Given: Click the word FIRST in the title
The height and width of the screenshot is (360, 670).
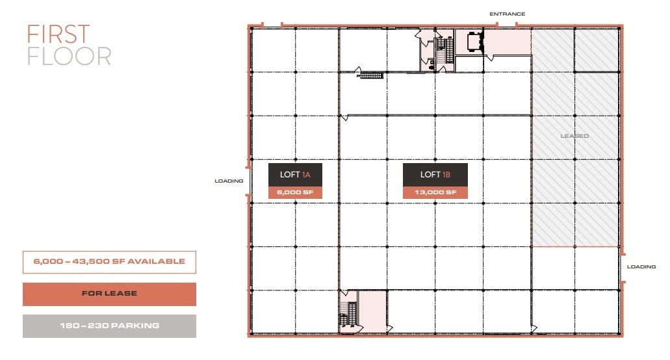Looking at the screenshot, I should pyautogui.click(x=58, y=34).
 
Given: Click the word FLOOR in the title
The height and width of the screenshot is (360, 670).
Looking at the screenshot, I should pyautogui.click(x=68, y=57).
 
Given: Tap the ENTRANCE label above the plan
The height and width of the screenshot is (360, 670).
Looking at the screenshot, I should pyautogui.click(x=507, y=14).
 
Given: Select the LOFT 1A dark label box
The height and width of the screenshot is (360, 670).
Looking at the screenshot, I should pyautogui.click(x=296, y=174).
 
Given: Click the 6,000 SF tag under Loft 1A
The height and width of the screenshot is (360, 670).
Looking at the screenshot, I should pyautogui.click(x=296, y=192).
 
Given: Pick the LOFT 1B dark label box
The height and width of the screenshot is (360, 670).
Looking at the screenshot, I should pyautogui.click(x=435, y=174).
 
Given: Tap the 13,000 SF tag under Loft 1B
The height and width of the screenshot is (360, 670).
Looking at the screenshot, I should pyautogui.click(x=435, y=192).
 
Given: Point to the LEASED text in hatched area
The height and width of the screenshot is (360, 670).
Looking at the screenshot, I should pyautogui.click(x=574, y=136).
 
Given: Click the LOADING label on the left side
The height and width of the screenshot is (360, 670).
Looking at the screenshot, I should pyautogui.click(x=229, y=181).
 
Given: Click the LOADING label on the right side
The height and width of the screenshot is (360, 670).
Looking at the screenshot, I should pyautogui.click(x=641, y=266).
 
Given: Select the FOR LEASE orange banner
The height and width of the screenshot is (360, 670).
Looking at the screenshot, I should pyautogui.click(x=109, y=294).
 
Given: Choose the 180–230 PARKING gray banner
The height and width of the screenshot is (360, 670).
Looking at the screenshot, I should pyautogui.click(x=109, y=326).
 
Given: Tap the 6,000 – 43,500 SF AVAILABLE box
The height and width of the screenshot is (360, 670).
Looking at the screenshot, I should pyautogui.click(x=109, y=262).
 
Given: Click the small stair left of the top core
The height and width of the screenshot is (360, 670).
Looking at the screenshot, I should pyautogui.click(x=372, y=75).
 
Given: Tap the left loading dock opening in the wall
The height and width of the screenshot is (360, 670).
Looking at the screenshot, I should pyautogui.click(x=249, y=181).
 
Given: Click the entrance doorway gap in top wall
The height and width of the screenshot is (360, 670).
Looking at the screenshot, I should pyautogui.click(x=507, y=26).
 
